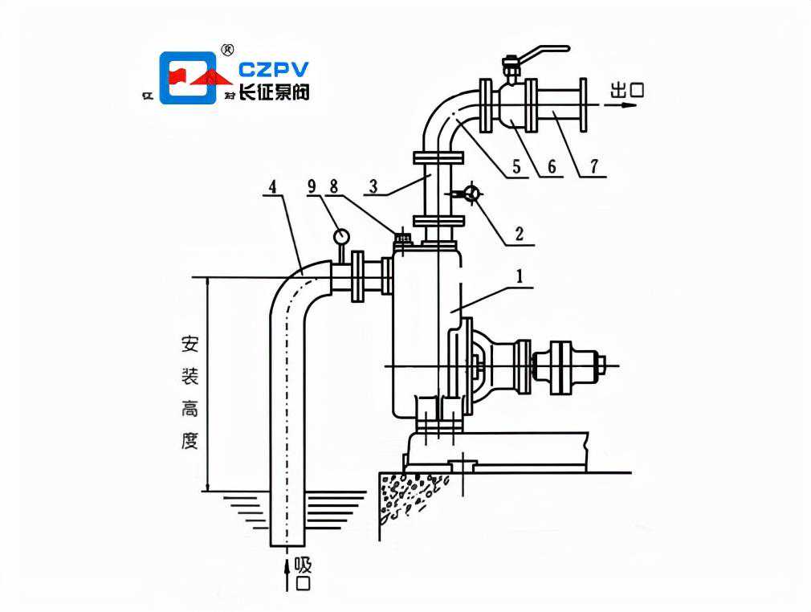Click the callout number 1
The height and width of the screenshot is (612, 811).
tap(520, 275)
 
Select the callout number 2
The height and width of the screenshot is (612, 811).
tap(520, 235)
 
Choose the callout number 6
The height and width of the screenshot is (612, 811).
tap(552, 167)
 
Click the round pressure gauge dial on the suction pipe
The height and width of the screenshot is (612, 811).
tap(341, 237)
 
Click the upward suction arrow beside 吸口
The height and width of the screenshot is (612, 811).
tap(287, 575)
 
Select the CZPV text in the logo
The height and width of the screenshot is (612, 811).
tap(273, 70)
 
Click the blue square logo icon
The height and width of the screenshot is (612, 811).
tap(189, 78)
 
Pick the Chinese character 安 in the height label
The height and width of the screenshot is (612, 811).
tap(190, 345)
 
